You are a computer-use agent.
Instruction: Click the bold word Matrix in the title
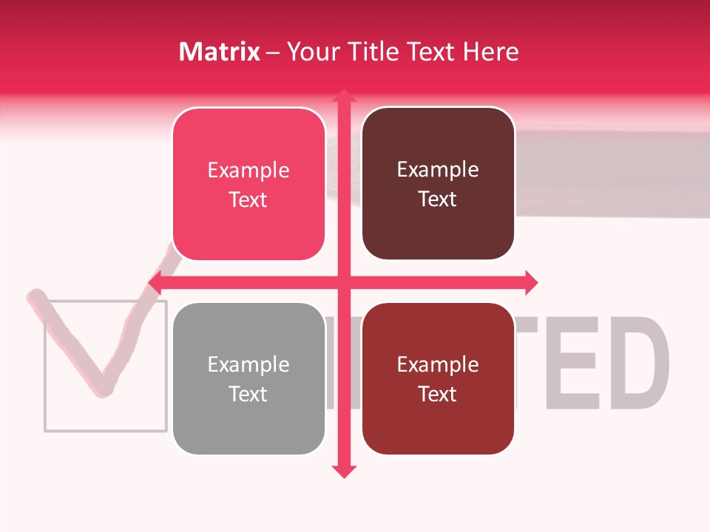coord(220,52)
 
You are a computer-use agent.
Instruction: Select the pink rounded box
coord(248,185)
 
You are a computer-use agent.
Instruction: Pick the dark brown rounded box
coord(438,184)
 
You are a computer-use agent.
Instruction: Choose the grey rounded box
coord(248,379)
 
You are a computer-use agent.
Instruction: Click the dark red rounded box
coord(438,379)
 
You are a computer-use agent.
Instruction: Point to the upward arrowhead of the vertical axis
coord(343,95)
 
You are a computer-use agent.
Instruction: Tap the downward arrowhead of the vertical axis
coord(343,471)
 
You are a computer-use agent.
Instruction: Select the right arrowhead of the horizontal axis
coord(531,282)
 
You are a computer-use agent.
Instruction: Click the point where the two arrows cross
coord(343,282)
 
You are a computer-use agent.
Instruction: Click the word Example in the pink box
coord(248,171)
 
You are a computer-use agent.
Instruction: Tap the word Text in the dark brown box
coord(438,199)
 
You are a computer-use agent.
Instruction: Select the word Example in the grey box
coord(248,365)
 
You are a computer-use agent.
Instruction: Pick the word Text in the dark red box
coord(438,395)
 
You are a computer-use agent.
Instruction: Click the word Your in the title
coord(314,52)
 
